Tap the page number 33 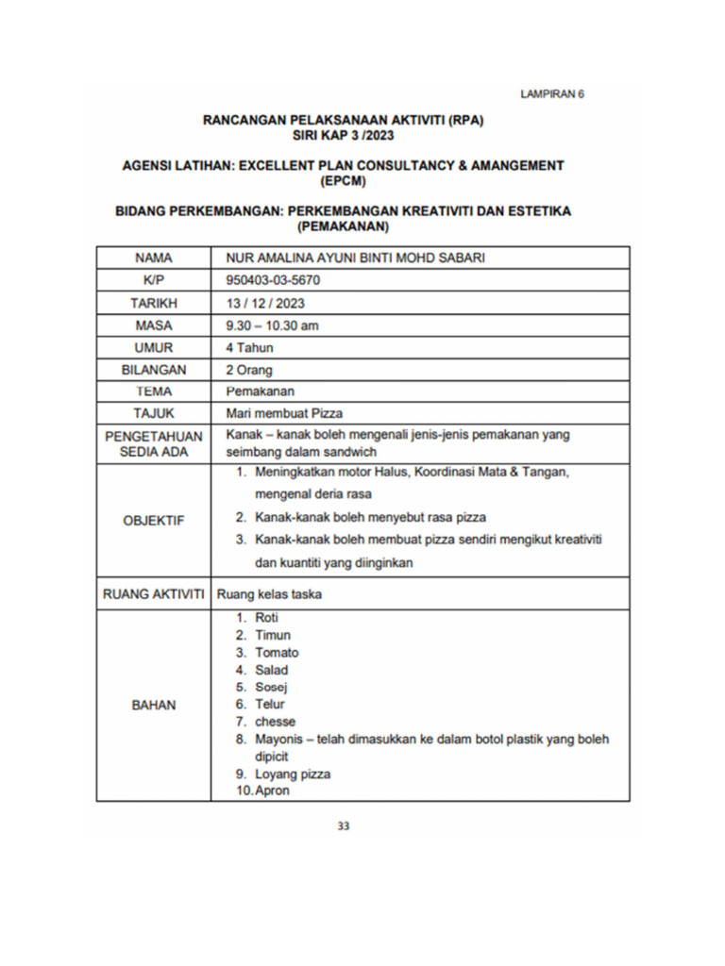tap(344, 826)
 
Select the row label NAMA tap(153, 258)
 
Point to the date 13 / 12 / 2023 tap(265, 303)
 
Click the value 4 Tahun tap(249, 347)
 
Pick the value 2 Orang tap(249, 370)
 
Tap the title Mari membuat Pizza tap(284, 412)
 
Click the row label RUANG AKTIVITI tap(153, 594)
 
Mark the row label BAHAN tap(153, 705)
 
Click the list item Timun tap(273, 636)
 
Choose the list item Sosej tap(271, 687)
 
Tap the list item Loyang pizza tap(293, 774)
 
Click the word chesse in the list tap(275, 722)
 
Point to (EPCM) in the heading tap(343, 181)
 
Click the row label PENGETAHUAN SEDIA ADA tap(153, 444)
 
